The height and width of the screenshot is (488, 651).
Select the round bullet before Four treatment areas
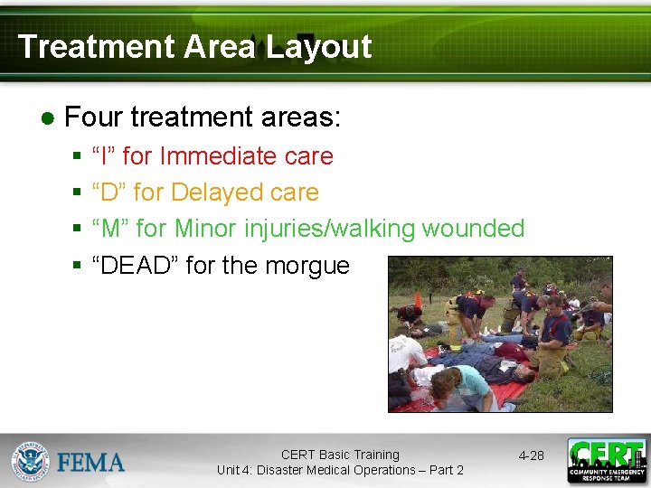48,118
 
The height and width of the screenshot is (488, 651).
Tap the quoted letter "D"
108,192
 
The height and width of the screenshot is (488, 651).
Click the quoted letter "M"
110,229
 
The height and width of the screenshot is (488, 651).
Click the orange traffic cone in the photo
418,299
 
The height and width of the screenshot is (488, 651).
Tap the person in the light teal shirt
463,384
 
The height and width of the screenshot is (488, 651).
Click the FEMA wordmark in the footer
91,463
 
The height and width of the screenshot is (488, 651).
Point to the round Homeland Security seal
30,461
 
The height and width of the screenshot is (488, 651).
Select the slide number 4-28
531,455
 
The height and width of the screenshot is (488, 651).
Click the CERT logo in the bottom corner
606,461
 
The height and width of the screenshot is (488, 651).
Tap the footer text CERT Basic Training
340,455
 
